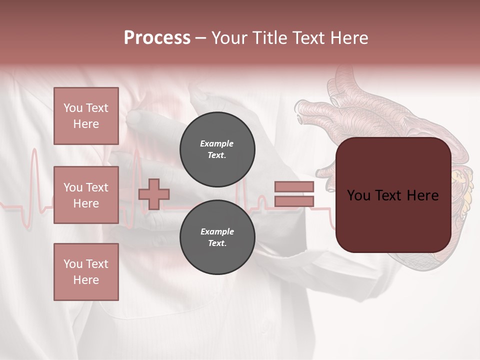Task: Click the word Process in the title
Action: pos(157,38)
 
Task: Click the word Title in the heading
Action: pos(268,38)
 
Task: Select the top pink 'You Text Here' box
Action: pos(86,116)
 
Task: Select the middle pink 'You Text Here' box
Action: pos(86,195)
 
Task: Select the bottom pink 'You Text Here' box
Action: pos(86,272)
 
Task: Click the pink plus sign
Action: pos(154,194)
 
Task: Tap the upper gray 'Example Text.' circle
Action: pos(217,149)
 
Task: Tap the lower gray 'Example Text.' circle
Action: pos(217,237)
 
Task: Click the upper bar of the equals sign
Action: pos(294,186)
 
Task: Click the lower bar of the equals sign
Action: pos(294,201)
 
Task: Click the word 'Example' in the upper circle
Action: pos(217,143)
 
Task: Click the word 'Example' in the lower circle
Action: pos(217,231)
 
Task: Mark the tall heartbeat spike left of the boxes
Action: pos(34,170)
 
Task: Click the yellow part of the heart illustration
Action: pos(461,190)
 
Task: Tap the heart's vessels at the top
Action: pos(345,82)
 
